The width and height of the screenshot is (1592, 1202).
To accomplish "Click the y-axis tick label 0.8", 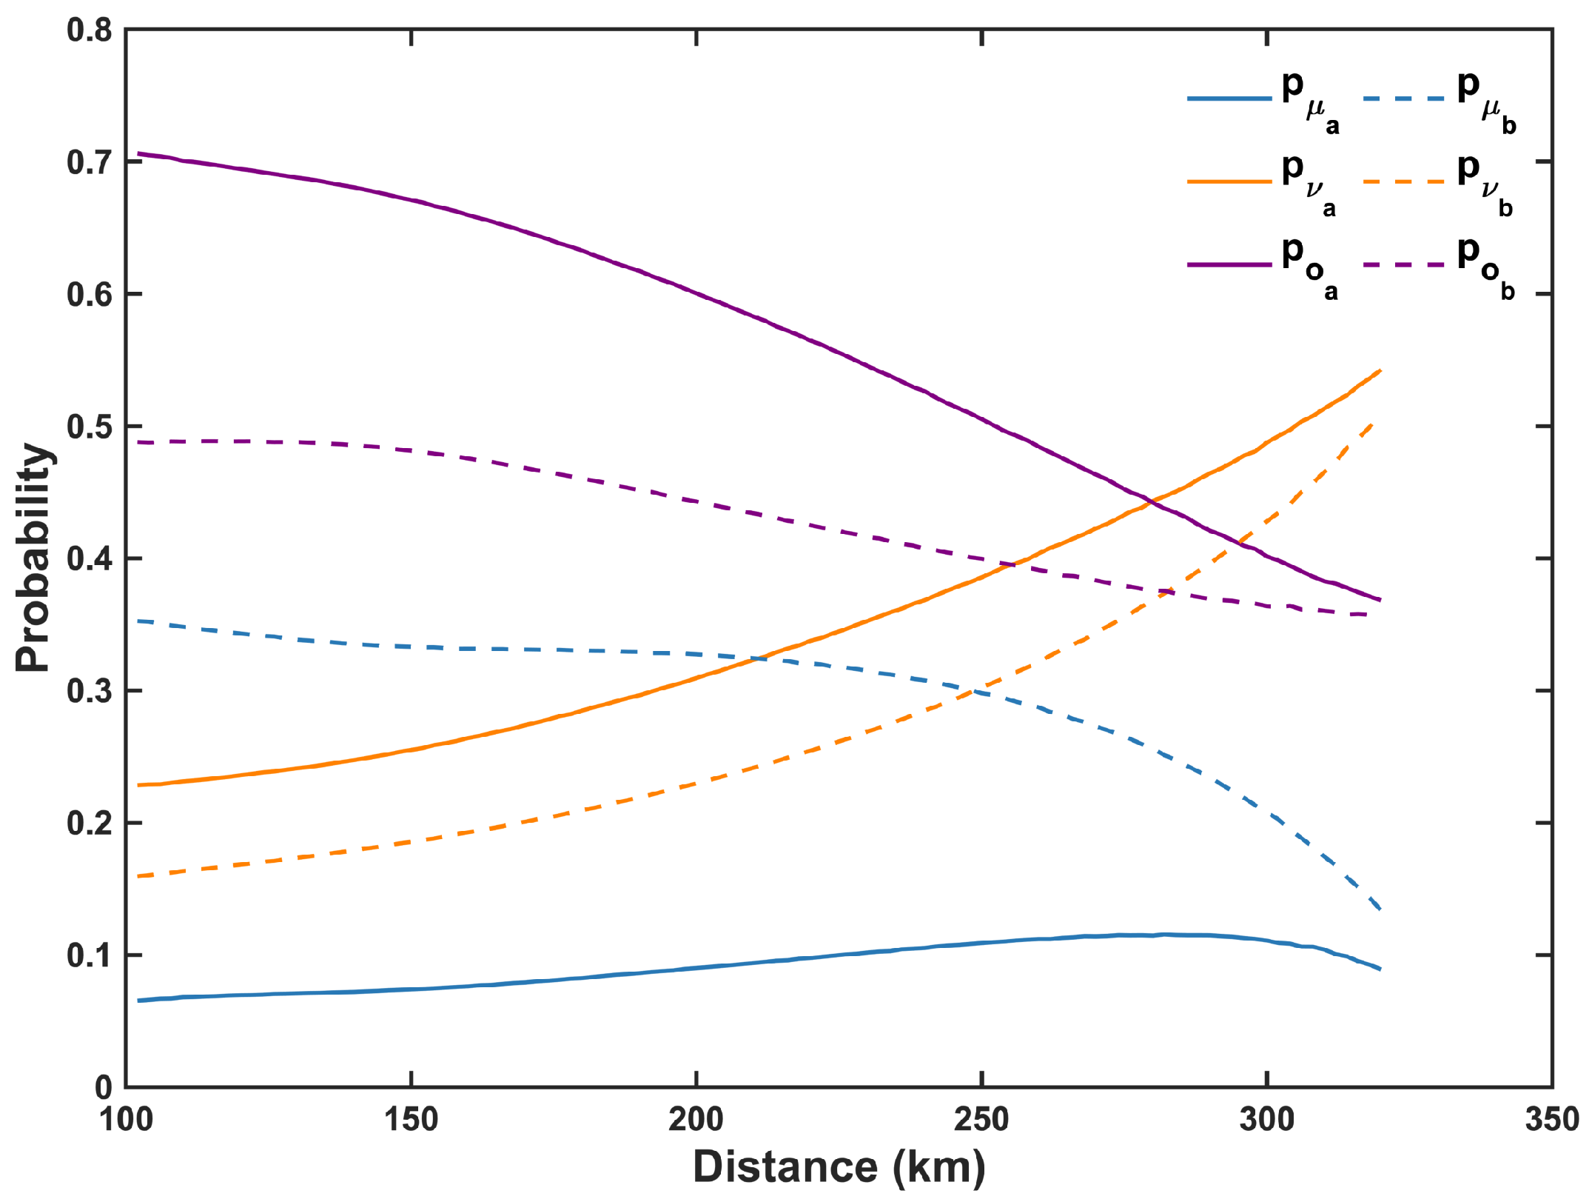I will (x=89, y=31).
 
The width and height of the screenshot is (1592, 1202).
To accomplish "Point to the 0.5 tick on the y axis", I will (x=89, y=427).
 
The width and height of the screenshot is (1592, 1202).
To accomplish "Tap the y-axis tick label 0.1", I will (x=89, y=956).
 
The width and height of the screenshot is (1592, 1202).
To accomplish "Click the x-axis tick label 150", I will (x=411, y=1119).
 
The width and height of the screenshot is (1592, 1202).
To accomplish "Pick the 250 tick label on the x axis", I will (x=981, y=1119).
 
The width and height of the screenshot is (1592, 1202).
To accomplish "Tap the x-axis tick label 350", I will (x=1551, y=1119).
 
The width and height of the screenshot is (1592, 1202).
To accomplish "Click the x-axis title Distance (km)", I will (x=839, y=1167).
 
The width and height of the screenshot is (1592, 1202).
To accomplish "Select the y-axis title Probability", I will (x=33, y=558).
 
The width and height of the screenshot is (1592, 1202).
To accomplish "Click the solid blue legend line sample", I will (x=1229, y=99).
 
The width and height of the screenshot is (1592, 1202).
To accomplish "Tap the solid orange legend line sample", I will (x=1229, y=181).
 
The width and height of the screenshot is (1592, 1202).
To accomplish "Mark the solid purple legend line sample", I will (x=1229, y=264).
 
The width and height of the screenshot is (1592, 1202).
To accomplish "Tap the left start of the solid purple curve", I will (x=138, y=153).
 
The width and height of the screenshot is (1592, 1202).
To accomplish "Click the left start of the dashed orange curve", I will (x=138, y=876).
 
